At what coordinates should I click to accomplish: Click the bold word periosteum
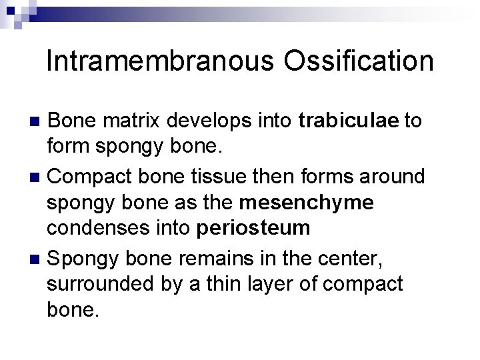(254, 227)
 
